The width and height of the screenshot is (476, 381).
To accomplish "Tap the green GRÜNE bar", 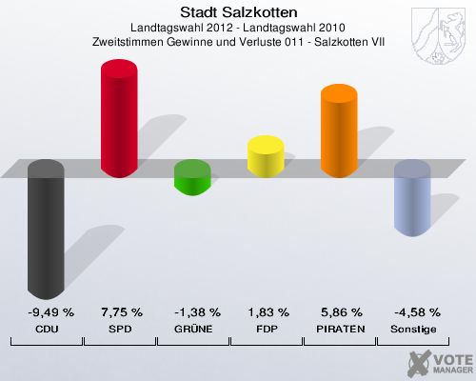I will click(192, 176).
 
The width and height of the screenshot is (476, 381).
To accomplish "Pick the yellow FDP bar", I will click(266, 156).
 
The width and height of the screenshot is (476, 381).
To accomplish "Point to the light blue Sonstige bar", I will click(412, 197).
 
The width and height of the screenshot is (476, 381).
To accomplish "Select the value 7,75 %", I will click(121, 312).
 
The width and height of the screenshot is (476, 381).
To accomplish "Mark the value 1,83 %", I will click(267, 312).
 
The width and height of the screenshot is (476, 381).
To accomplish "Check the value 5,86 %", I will click(340, 312).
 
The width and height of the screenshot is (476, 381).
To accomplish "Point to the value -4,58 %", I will click(413, 312).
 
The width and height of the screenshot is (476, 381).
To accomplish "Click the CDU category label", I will click(47, 329).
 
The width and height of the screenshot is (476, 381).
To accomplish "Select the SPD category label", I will click(121, 329).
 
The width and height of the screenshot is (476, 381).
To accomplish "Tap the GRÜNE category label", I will click(193, 329).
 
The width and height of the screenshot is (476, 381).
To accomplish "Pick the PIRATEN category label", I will click(340, 329).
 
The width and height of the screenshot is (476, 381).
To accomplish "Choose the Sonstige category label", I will click(413, 329).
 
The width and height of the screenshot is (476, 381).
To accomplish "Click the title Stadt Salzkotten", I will click(238, 12).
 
